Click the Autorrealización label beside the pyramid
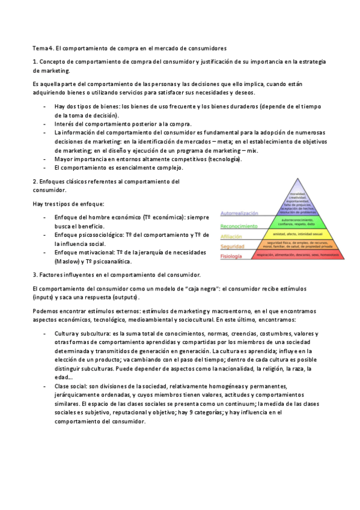coord(239,214)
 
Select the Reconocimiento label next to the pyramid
coord(239,226)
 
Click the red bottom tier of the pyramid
coord(298,255)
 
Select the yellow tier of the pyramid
coord(297,234)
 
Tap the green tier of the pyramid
coord(297,222)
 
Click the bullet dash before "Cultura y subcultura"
coord(46,333)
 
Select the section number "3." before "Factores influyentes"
coord(35,275)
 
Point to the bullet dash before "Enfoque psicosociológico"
coord(46,235)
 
